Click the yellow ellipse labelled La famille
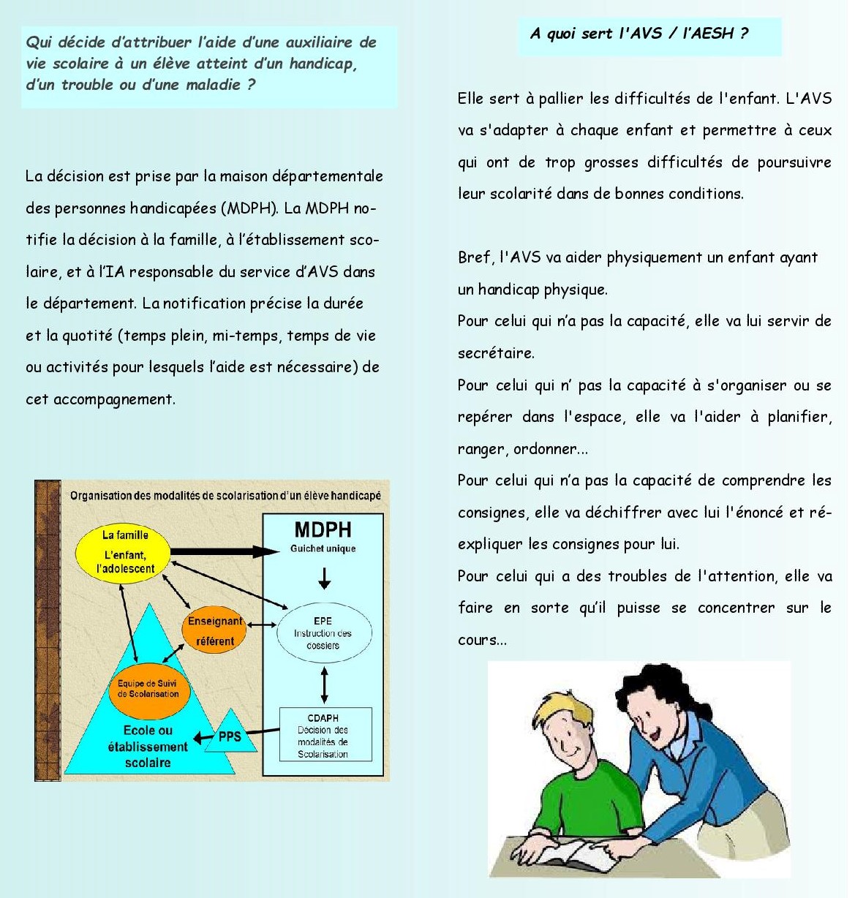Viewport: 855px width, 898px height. pos(123,553)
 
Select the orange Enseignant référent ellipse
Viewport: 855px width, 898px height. pos(214,631)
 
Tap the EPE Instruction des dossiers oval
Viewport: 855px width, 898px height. pos(323,633)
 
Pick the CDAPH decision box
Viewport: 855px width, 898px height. pos(325,734)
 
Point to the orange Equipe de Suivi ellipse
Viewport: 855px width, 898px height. pos(148,689)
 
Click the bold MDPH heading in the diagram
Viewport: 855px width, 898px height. pos(323,530)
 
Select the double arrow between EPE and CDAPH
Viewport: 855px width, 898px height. pos(325,685)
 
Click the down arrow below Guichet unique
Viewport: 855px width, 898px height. pos(325,578)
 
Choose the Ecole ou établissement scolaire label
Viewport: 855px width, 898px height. pos(148,746)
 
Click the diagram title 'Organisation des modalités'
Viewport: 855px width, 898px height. pos(225,496)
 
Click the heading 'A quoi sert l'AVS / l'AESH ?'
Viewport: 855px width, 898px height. pos(639,34)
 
